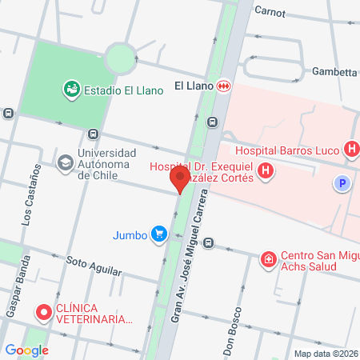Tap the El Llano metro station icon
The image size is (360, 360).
pos(225,86)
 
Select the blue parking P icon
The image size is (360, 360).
pos(342,184)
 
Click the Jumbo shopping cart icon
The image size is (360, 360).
pos(159,234)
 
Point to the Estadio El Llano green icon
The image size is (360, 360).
pos(71,90)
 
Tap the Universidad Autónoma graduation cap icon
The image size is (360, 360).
pos(65,162)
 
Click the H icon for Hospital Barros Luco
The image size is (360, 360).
pos(350,149)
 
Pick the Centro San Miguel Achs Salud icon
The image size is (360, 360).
pos(269,258)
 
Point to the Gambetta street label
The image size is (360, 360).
pos(334,71)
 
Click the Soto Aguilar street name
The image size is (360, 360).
pos(94,265)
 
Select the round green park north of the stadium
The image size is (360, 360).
pos(120,58)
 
